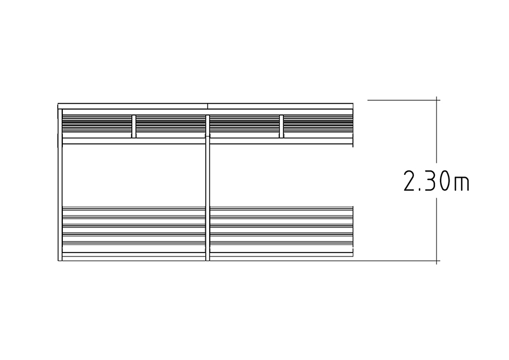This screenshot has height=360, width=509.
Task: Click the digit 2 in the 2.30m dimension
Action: tap(410, 181)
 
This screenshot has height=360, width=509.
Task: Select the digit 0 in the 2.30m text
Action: tap(444, 181)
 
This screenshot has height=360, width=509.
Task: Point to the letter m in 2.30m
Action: tap(461, 183)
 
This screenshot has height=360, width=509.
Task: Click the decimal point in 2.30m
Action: tap(419, 189)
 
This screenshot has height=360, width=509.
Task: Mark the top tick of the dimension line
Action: tap(436, 100)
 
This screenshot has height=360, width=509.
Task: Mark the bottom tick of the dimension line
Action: tap(436, 260)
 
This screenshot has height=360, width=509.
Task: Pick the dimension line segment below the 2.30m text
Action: tap(436, 231)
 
